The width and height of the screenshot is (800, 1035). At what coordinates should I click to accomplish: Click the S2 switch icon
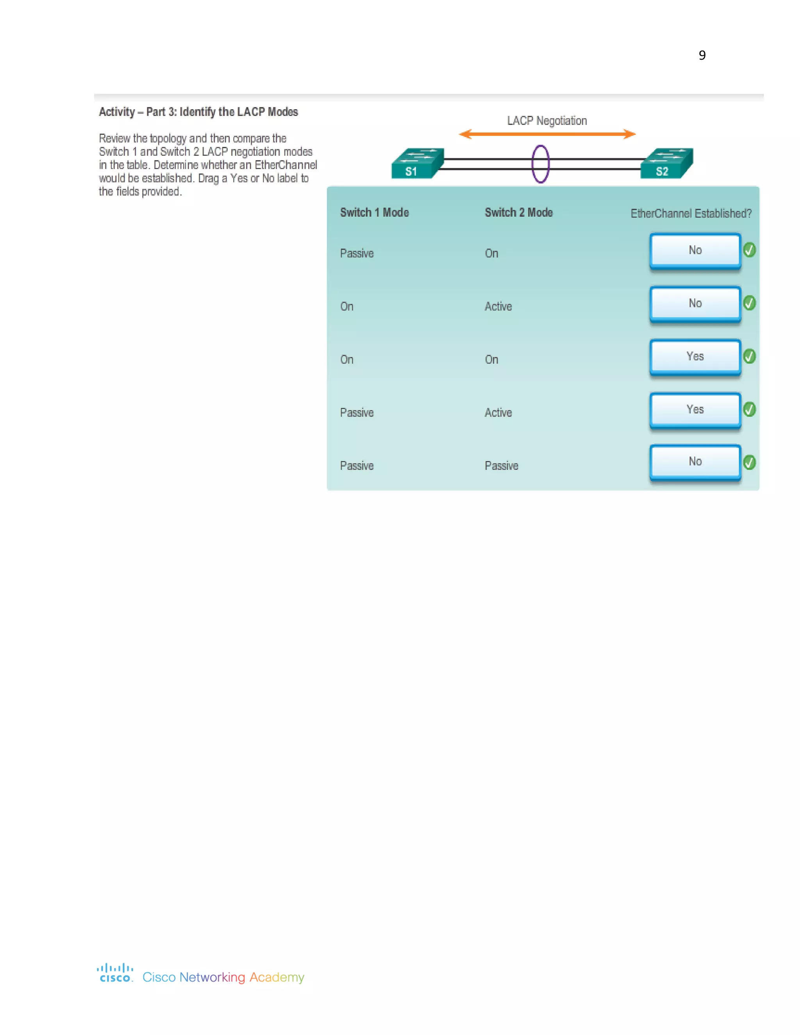(x=666, y=164)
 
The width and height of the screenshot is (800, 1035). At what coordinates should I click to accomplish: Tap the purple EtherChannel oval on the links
(x=540, y=164)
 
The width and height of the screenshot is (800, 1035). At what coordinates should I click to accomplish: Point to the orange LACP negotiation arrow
(x=547, y=134)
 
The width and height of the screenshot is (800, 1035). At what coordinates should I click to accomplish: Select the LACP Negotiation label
(x=547, y=121)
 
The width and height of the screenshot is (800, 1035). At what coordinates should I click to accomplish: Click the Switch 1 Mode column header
(x=374, y=212)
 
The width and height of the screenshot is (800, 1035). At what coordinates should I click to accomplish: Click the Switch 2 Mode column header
(x=518, y=212)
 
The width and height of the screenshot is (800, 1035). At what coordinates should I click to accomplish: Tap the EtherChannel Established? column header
(x=691, y=213)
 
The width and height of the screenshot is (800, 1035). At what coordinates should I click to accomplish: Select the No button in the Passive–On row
(x=695, y=250)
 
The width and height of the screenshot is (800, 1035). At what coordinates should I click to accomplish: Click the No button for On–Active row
(x=695, y=303)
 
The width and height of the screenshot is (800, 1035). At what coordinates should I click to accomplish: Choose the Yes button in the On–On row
(x=695, y=356)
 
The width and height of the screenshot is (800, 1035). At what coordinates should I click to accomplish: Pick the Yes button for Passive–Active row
(x=695, y=409)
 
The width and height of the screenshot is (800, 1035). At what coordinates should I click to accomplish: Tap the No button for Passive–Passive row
(x=695, y=462)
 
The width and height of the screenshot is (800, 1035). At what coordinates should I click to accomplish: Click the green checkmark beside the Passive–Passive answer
(x=749, y=462)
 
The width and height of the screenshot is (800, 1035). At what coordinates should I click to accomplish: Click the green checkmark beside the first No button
(x=749, y=250)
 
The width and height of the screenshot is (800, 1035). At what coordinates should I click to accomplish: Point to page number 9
(x=702, y=55)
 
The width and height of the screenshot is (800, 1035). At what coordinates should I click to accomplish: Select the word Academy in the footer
(x=277, y=977)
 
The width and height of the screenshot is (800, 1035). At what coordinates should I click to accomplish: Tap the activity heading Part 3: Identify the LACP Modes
(x=198, y=112)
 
